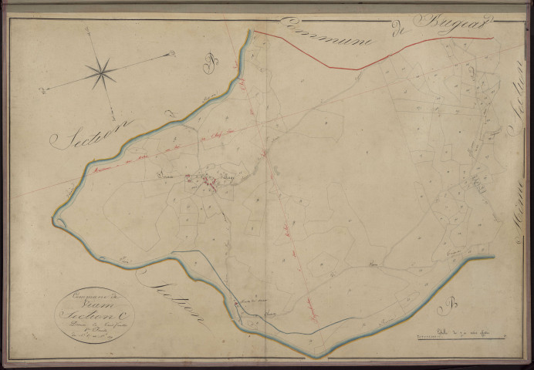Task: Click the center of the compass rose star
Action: (101, 73)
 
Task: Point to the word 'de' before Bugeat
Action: (399, 32)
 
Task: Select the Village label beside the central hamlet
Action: (221, 177)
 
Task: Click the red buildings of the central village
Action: (207, 183)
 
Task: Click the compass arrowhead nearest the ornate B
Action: (171, 54)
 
